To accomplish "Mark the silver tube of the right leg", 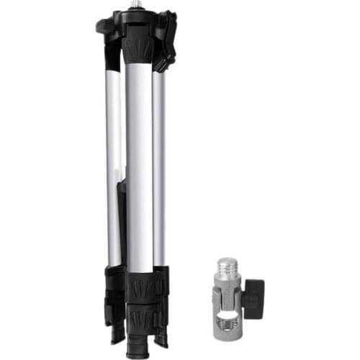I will (x=158, y=166).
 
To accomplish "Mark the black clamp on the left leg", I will (x=114, y=288).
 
